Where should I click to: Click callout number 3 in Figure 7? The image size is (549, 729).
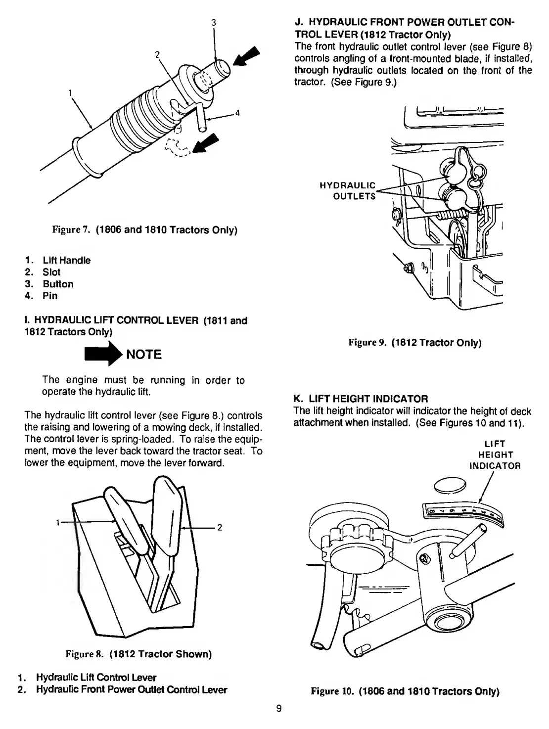[213, 22]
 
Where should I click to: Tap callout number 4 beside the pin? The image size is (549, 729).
[237, 113]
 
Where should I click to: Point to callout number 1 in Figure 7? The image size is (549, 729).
[71, 92]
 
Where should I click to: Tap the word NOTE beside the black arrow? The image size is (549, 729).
[144, 355]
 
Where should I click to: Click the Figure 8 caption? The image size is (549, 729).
[139, 654]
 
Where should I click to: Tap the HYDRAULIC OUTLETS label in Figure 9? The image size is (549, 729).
[348, 191]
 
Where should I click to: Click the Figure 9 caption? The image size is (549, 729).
[415, 342]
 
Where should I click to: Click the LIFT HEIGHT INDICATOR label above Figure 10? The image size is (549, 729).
[495, 455]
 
